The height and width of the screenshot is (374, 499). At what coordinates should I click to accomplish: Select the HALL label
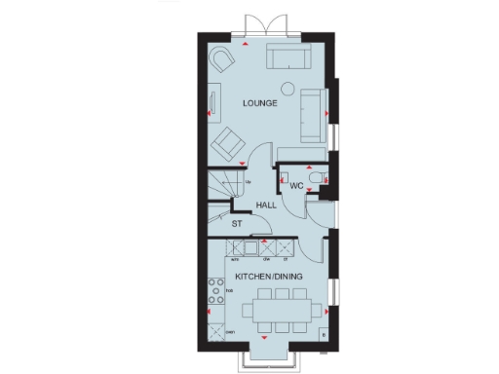(x=266, y=205)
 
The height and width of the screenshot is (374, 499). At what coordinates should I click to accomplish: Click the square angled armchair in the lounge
(x=230, y=140)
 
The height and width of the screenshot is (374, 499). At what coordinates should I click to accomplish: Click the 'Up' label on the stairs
(x=249, y=181)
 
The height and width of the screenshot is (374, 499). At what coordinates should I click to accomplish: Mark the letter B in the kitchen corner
(x=323, y=335)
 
